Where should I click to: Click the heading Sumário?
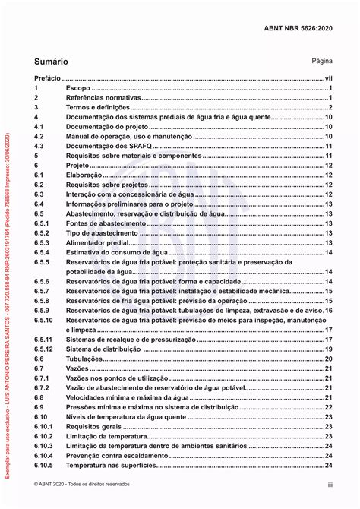click(51, 60)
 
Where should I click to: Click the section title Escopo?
click(77, 89)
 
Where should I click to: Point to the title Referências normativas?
click(103, 99)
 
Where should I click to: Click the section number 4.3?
click(40, 146)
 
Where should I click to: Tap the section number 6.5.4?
click(42, 252)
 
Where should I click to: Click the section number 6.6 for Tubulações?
click(40, 359)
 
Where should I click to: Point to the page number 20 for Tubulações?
click(329, 359)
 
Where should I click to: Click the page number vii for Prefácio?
click(329, 78)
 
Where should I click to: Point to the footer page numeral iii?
click(330, 484)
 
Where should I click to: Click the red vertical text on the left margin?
click(8, 304)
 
